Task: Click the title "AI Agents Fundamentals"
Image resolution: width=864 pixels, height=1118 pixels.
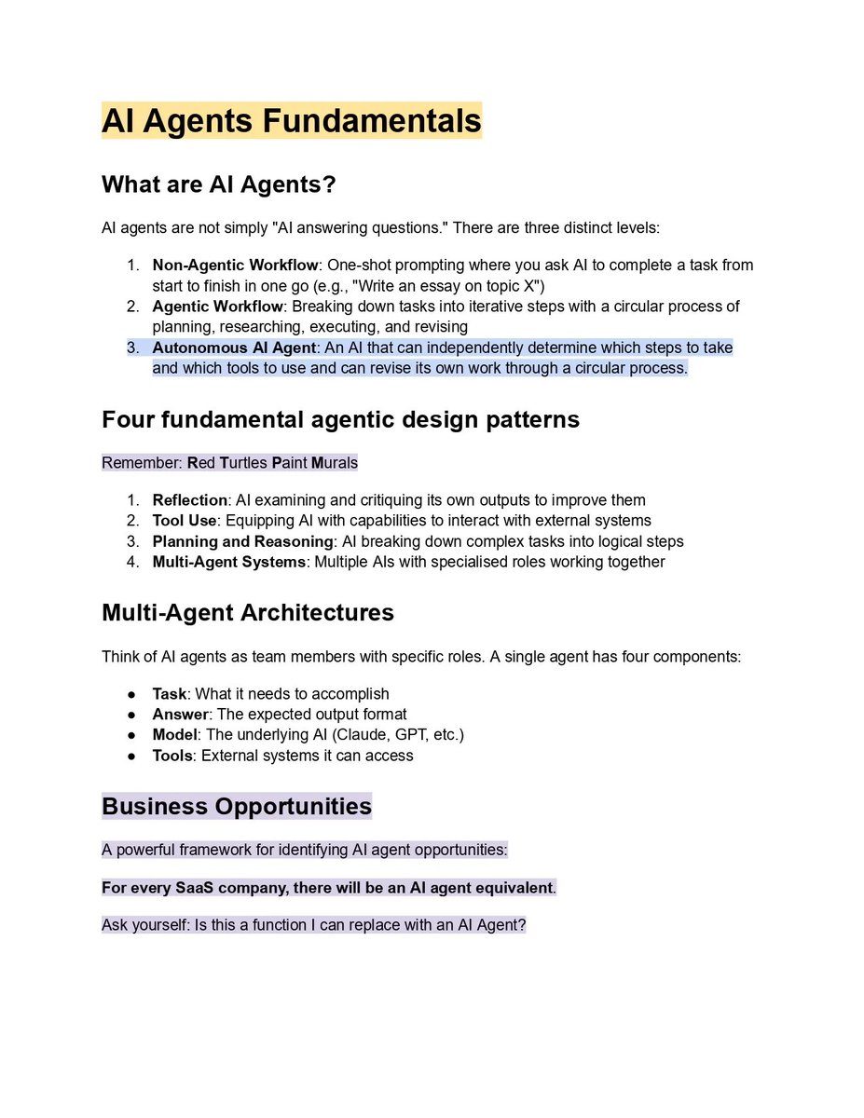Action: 291,121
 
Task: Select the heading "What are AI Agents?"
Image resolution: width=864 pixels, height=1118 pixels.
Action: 218,184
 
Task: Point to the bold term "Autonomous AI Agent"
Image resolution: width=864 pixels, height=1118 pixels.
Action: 234,348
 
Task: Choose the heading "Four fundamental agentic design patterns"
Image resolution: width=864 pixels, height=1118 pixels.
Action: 340,419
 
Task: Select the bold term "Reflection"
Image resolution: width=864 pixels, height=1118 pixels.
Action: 190,500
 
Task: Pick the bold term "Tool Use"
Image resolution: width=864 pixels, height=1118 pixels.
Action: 185,521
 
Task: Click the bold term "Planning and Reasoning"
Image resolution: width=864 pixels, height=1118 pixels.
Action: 243,541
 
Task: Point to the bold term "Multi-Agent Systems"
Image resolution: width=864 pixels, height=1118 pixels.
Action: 229,562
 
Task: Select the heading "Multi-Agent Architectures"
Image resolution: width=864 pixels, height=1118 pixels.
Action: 247,612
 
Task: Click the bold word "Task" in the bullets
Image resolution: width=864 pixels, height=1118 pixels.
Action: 170,694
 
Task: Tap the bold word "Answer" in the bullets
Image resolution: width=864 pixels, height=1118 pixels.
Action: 179,715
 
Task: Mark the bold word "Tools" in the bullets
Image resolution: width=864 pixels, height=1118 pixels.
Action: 172,756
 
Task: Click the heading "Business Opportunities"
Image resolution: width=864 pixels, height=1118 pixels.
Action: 237,806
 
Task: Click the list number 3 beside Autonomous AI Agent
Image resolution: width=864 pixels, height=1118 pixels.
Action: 132,348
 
